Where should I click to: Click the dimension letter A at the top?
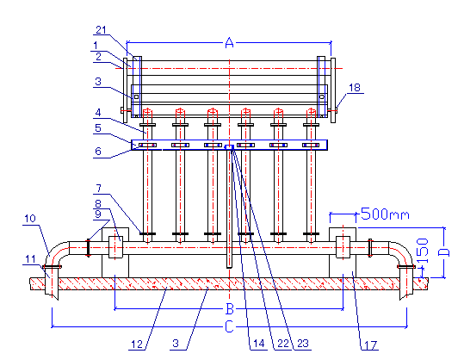[x=229, y=43]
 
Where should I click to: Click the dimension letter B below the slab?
[x=230, y=309]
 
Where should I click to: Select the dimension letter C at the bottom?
[x=229, y=327]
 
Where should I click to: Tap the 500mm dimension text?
[x=385, y=214]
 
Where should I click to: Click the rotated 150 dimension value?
[x=423, y=251]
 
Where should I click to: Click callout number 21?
[x=101, y=30]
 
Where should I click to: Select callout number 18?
[x=355, y=87]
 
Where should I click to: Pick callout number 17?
[x=370, y=345]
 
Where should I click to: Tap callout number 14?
[x=258, y=344]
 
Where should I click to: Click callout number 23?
[x=303, y=344]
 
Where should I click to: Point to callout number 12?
[x=137, y=344]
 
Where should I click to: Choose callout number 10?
[x=30, y=219]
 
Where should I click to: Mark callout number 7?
[x=99, y=188]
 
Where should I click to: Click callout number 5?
[x=98, y=127]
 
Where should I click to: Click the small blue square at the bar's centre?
[x=229, y=147]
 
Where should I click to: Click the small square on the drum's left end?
[x=136, y=96]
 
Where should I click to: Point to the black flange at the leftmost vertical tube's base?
[x=147, y=234]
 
